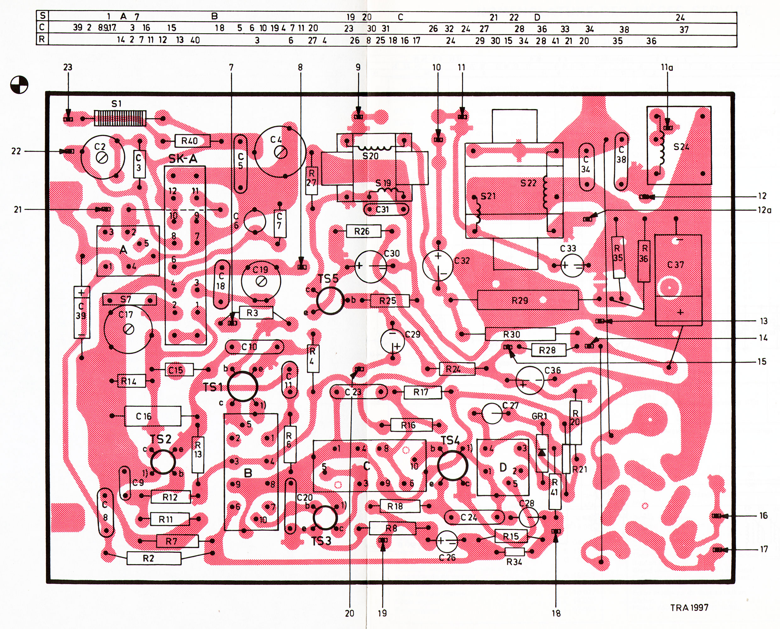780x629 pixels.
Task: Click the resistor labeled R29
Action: pos(527,300)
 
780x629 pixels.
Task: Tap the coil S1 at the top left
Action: pos(120,118)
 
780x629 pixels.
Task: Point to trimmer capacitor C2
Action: pos(103,157)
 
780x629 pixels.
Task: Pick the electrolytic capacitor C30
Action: pos(370,266)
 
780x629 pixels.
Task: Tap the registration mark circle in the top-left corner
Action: pos(19,85)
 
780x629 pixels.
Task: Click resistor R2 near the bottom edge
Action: pos(153,558)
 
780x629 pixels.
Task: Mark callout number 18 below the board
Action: pos(556,613)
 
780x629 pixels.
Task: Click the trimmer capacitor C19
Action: pos(261,281)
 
